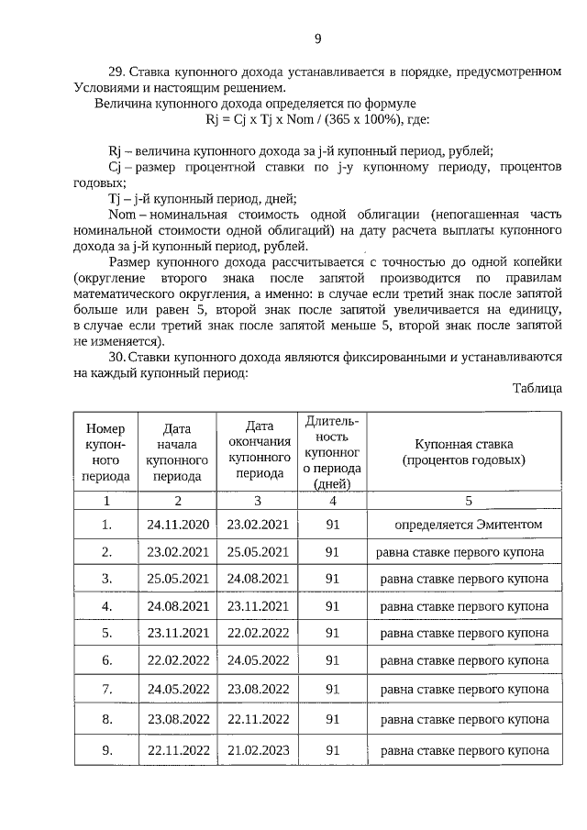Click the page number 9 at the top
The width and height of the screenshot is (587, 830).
317,39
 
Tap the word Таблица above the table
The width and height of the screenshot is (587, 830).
537,388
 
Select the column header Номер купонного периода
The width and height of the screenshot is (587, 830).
105,451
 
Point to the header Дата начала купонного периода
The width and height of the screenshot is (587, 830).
177,451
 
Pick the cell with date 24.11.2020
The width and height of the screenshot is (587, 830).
178,525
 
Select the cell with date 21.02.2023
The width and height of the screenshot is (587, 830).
258,749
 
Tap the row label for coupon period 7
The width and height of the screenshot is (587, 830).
106,688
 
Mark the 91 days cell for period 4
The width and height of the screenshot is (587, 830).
332,606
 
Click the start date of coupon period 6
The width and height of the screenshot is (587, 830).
178,659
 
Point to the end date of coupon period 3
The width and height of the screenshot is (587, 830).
258,579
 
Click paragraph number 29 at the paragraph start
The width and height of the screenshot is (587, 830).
116,72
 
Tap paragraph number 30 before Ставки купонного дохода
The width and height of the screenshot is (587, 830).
116,357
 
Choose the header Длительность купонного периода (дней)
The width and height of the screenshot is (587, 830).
332,451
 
